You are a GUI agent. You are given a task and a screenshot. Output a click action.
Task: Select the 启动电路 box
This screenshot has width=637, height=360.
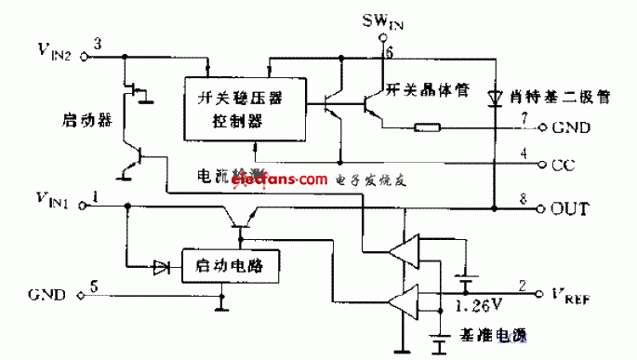click(x=232, y=265)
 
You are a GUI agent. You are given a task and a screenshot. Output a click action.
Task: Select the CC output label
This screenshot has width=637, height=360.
click(x=563, y=167)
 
